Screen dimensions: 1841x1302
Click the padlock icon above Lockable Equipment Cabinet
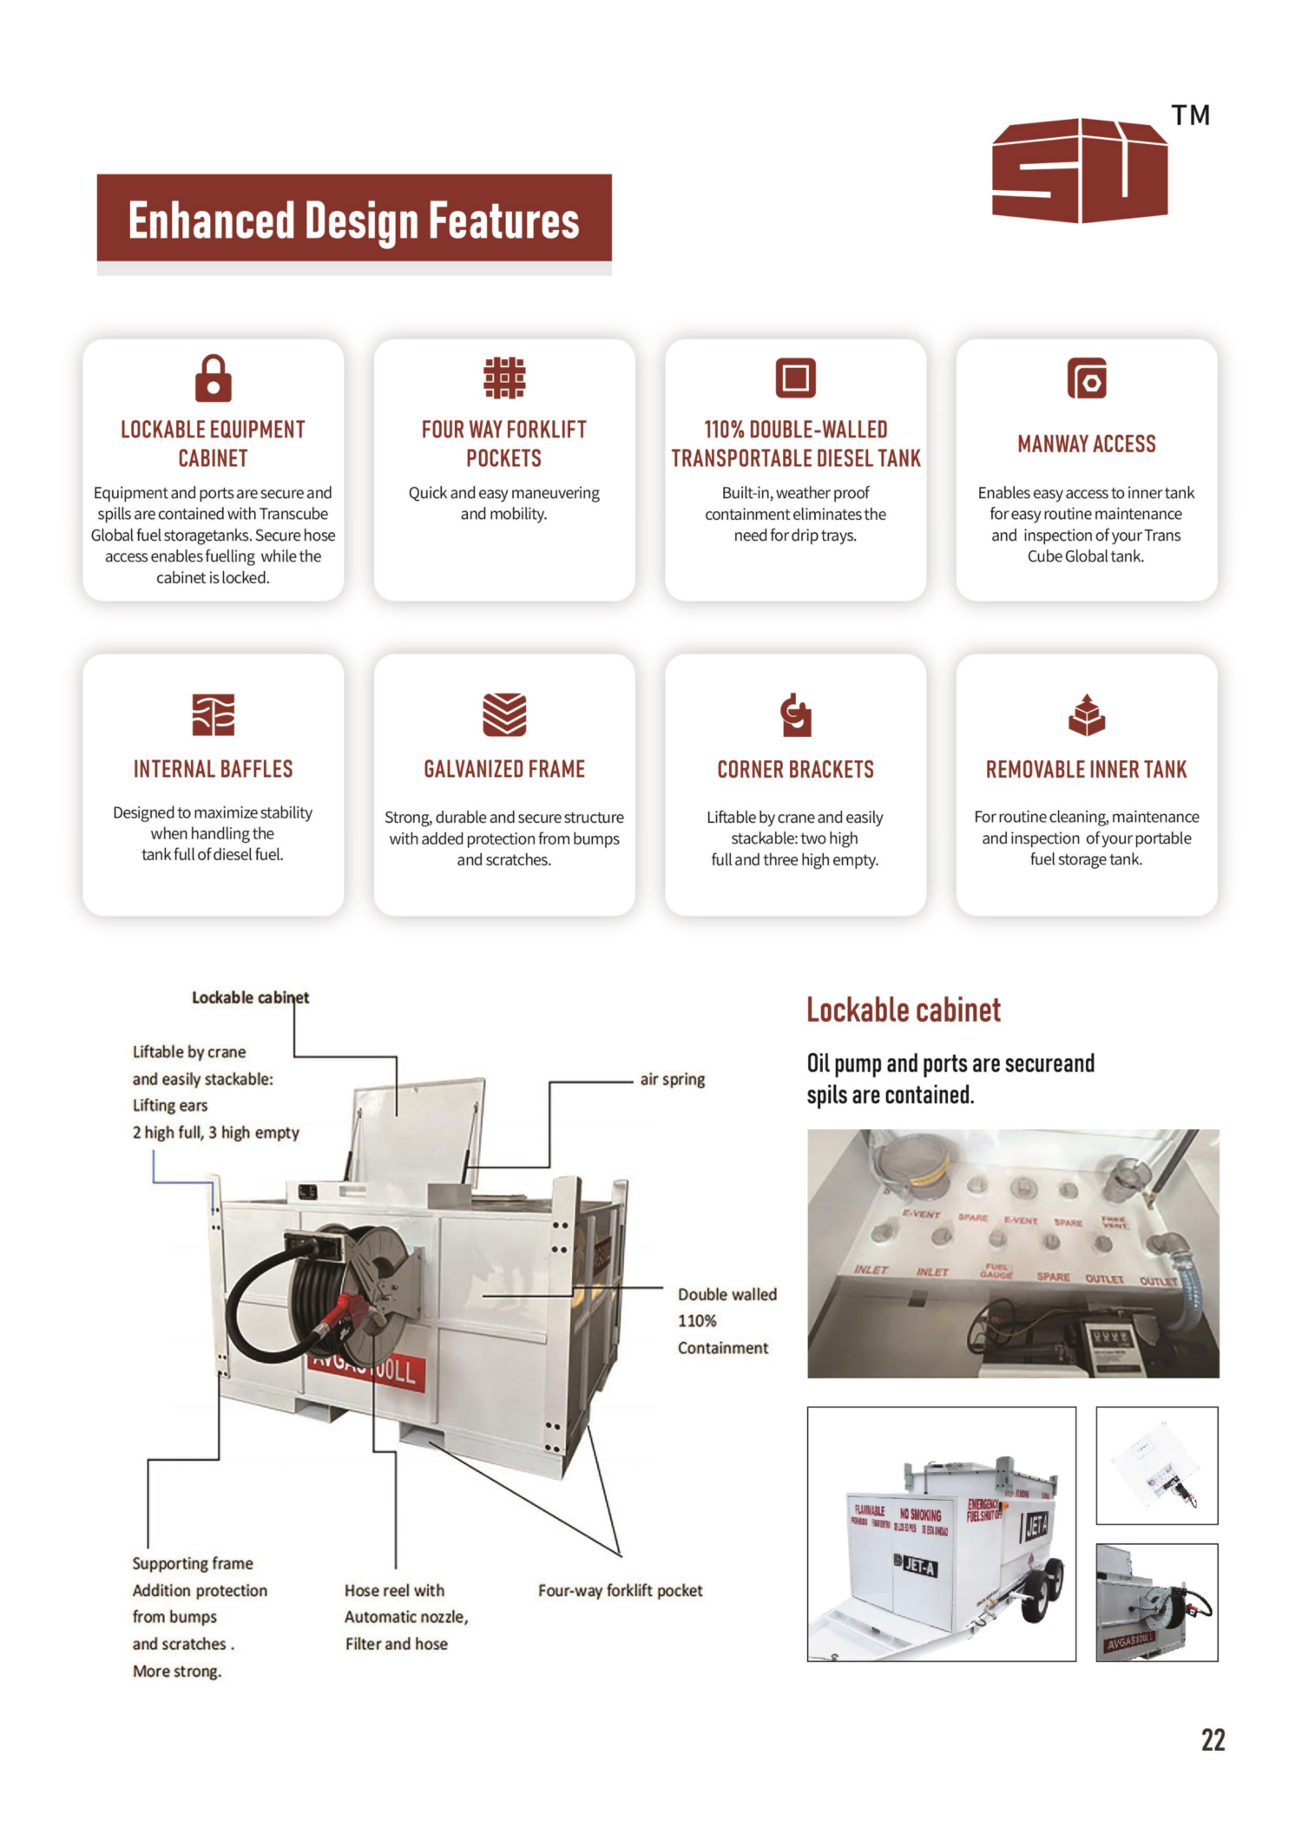[x=213, y=378]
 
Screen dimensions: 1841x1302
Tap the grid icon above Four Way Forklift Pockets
[x=504, y=378]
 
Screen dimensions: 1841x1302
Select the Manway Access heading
[x=1086, y=444]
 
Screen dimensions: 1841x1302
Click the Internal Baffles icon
[x=213, y=714]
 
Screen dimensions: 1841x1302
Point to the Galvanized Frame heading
[x=504, y=769]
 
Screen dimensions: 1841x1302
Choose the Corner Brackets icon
[x=795, y=714]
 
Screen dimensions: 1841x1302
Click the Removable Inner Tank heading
[x=1086, y=769]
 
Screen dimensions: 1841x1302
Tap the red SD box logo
[x=1079, y=170]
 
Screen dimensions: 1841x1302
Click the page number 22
[x=1213, y=1739]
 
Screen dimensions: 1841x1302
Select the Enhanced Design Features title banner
[x=354, y=219]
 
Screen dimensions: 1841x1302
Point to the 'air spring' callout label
[x=672, y=1079]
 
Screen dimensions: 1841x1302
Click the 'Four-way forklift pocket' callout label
[x=620, y=1590]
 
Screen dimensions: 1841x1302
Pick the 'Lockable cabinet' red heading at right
[x=904, y=1010]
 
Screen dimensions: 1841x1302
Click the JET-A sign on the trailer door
[x=919, y=1567]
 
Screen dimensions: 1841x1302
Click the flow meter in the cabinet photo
[x=1111, y=1345]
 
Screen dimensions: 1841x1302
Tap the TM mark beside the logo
[x=1190, y=115]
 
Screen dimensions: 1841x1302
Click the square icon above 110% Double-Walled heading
[x=795, y=378]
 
